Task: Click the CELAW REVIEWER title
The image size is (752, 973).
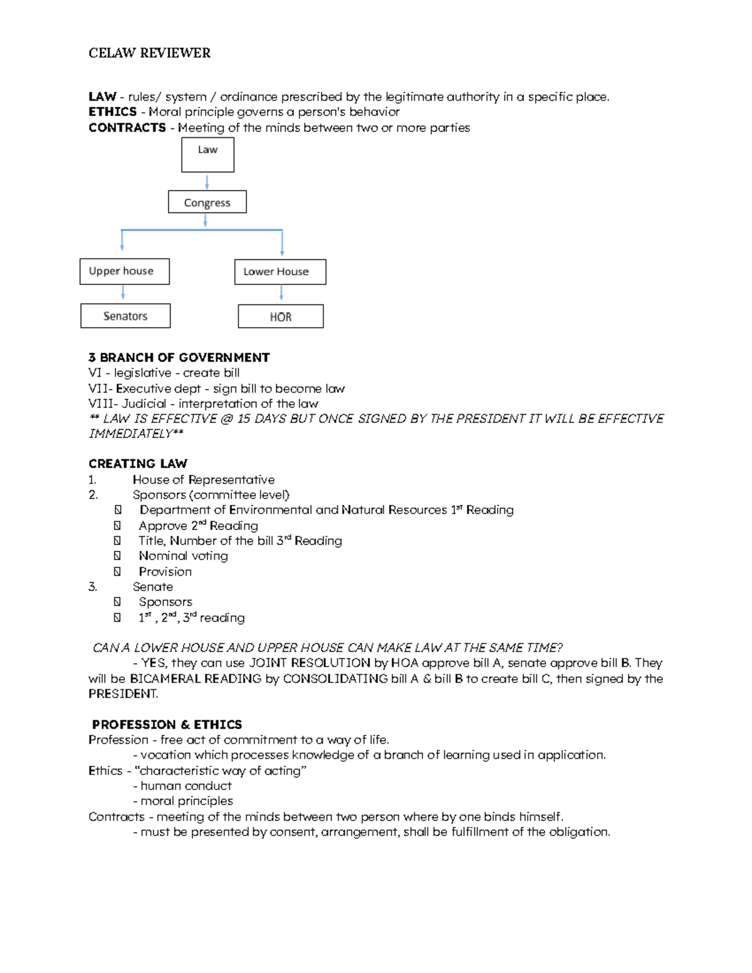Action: pos(149,53)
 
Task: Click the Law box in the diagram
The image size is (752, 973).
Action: pos(207,155)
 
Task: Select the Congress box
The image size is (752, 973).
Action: pos(207,202)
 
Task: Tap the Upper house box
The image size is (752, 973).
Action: pos(124,271)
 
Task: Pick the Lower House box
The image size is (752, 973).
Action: pos(280,272)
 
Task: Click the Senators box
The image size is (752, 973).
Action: pos(125,316)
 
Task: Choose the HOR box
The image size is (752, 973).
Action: pos(281,316)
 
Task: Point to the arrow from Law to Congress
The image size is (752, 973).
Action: pos(207,182)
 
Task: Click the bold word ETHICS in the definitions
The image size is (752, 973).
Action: pos(113,112)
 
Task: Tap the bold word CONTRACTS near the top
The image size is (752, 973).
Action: pos(127,128)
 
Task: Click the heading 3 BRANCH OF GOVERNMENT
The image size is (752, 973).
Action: pos(179,358)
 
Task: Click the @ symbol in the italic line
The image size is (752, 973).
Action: pos(226,419)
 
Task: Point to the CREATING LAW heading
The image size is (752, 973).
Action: pos(138,464)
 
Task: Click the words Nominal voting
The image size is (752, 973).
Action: pos(183,556)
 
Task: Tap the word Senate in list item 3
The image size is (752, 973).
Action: pos(152,587)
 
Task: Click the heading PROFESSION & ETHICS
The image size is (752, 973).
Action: pos(167,724)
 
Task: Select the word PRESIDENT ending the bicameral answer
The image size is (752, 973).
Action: pos(123,694)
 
